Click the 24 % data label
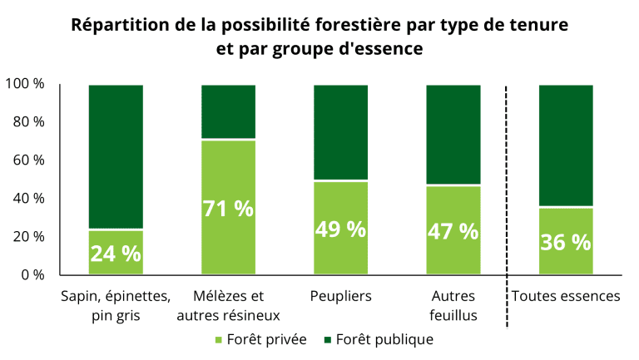pos(116,254)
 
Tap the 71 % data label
pos(228,208)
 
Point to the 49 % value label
pos(340,229)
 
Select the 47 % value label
pos(453,231)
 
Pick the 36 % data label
pos(566,242)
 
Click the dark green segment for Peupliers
pos(340,131)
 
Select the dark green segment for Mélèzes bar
pos(228,111)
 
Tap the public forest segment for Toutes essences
pos(566,145)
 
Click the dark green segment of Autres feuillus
pos(453,134)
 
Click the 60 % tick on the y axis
pos(27,160)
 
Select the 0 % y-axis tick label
pos(32,274)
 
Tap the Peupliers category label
pos(340,296)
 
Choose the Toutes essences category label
pos(566,296)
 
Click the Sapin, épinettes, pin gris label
pos(116,305)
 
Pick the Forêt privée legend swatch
pos(220,340)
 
